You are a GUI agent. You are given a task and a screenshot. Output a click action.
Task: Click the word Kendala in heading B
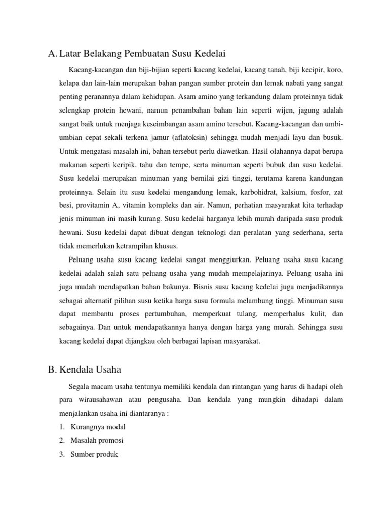(77, 369)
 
